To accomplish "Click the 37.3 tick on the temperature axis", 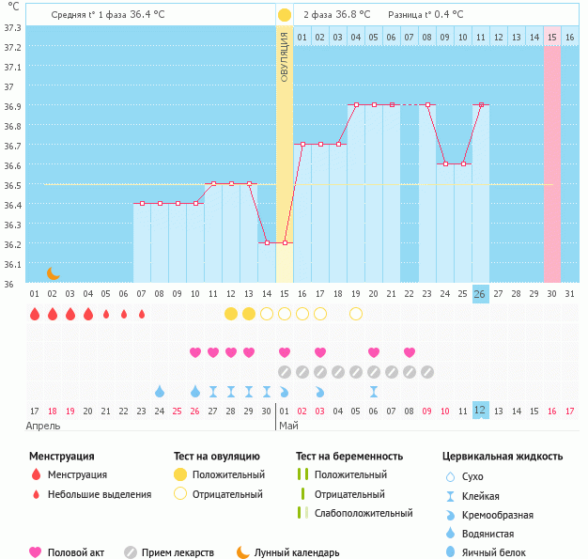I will tap(13, 27).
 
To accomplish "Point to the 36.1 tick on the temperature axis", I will tap(13, 264).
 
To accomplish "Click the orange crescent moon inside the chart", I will tap(54, 272).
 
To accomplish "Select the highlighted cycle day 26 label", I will tap(480, 294).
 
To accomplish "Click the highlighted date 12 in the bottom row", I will tap(480, 410).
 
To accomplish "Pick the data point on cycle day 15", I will tap(285, 243).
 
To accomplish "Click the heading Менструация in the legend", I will tap(61, 457).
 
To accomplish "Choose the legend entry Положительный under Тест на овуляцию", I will tap(227, 474).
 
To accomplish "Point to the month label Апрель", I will tap(43, 427).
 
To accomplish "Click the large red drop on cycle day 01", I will tap(35, 314).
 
